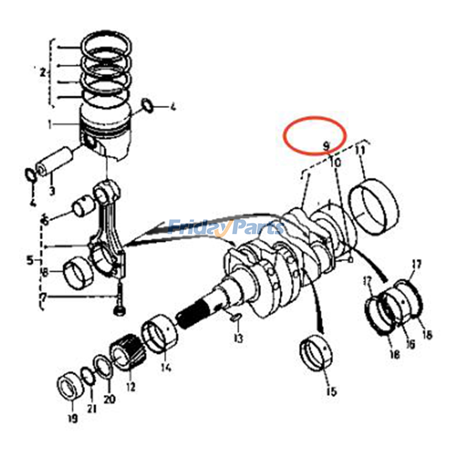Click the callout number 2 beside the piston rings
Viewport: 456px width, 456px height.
(43, 72)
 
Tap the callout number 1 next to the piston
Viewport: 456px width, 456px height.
(50, 125)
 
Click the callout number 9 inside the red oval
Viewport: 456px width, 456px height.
(326, 146)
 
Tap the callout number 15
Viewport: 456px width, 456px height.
(331, 392)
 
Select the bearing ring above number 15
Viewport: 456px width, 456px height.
(316, 354)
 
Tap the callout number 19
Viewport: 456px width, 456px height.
(72, 418)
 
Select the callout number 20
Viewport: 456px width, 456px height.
(109, 399)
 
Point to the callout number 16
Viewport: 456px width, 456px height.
(410, 344)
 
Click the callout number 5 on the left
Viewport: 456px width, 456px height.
(30, 260)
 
